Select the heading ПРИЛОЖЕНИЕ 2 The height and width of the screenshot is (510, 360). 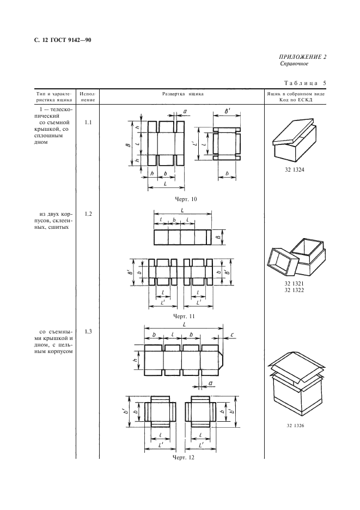[303, 57]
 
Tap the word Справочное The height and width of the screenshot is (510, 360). [294, 64]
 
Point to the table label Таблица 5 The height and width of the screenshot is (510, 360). [305, 83]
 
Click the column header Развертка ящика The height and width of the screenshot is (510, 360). [183, 94]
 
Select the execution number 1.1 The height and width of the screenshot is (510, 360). [88, 122]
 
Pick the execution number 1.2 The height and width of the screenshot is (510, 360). [88, 214]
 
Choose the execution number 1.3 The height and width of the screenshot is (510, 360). [88, 331]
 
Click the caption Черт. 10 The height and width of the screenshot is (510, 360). [185, 199]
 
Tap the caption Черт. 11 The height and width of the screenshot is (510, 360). [184, 316]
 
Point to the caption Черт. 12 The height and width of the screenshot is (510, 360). [184, 458]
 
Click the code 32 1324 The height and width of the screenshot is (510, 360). [294, 169]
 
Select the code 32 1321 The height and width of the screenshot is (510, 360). [294, 284]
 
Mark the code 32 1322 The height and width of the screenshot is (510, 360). [294, 290]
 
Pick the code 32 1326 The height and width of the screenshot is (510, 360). [295, 426]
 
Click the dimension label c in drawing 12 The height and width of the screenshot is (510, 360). [231, 335]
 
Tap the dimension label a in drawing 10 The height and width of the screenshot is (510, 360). [185, 111]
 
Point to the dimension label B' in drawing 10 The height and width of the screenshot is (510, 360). [228, 111]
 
